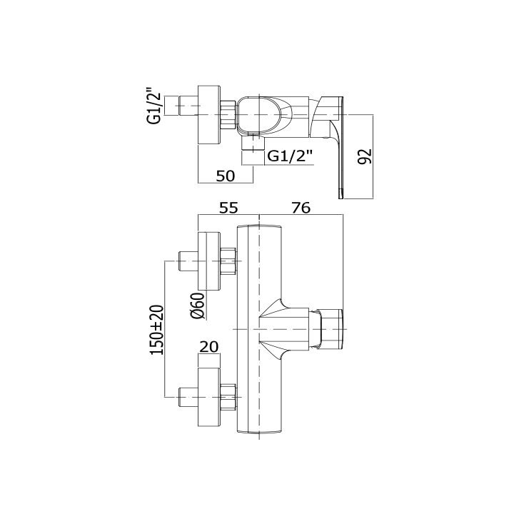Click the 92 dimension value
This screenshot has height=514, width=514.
(x=365, y=156)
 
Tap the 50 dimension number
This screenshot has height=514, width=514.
(x=225, y=176)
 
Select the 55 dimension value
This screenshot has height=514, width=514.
(x=228, y=208)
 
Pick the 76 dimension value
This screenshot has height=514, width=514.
(x=301, y=208)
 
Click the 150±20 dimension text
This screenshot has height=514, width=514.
(x=157, y=329)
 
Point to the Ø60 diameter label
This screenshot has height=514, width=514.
(x=198, y=306)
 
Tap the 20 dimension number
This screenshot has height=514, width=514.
(x=208, y=346)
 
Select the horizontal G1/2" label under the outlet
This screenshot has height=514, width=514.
(x=291, y=156)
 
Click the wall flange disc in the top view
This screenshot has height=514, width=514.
(x=209, y=115)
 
